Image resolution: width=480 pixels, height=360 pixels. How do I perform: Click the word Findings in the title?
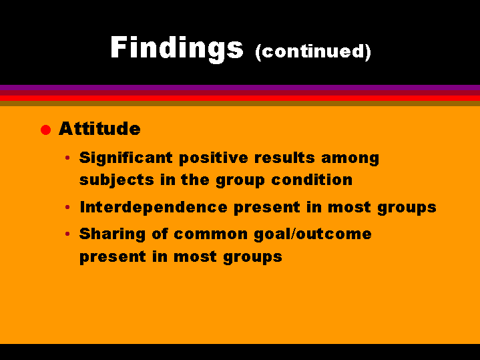177,49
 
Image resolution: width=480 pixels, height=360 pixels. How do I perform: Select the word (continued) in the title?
313,52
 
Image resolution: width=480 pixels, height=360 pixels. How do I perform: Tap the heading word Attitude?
99,128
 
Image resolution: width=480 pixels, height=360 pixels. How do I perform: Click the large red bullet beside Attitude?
45,130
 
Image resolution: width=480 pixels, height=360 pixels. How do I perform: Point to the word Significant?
126,159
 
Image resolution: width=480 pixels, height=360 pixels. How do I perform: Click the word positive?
214,159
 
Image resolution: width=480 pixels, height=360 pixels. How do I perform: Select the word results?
284,158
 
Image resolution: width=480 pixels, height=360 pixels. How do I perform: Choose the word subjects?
117,180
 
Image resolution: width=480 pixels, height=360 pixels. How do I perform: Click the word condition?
312,180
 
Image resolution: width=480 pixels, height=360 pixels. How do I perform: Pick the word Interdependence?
154,208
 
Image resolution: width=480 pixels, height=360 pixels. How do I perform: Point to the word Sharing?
112,234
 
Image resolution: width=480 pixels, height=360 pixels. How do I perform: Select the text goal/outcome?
313,234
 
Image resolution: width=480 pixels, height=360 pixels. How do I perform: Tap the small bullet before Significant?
67,158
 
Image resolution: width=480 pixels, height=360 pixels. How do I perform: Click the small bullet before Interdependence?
67,208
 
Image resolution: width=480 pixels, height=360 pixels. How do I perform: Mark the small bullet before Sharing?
67,234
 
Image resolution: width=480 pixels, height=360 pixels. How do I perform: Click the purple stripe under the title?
240,87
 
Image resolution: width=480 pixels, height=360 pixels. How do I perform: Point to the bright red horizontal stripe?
240,98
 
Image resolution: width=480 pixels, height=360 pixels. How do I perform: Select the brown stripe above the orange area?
240,104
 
